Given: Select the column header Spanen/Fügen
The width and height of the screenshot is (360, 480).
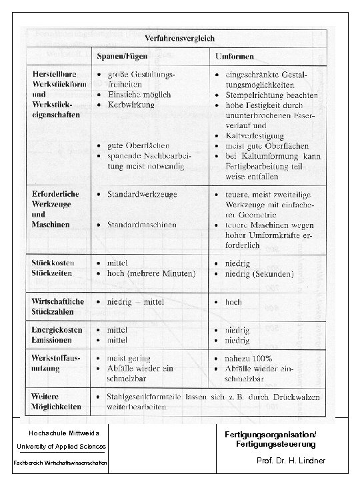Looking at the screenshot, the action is click(123, 54).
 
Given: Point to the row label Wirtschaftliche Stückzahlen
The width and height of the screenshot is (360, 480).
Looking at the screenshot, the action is click(59, 307).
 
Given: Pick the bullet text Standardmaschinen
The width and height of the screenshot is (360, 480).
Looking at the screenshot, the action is click(139, 224).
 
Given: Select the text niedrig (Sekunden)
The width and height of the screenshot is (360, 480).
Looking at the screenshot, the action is click(260, 273).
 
